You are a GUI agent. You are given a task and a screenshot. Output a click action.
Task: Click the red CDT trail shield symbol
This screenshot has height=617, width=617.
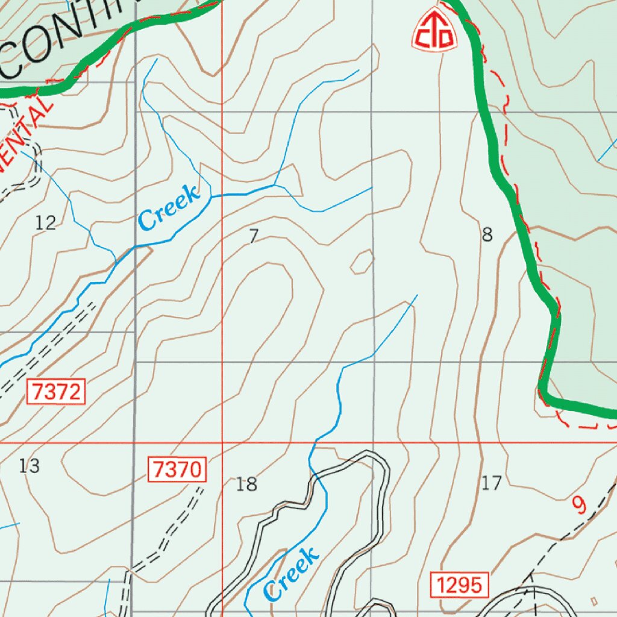click(434, 30)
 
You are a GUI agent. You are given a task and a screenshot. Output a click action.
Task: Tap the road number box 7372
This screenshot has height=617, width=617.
click(56, 392)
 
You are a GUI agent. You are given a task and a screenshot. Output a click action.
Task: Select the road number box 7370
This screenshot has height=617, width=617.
click(178, 469)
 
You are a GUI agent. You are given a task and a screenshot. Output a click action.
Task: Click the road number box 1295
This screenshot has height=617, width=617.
click(459, 584)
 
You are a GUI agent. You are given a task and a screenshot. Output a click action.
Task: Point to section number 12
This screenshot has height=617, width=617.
click(45, 223)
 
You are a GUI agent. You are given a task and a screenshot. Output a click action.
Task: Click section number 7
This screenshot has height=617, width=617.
click(254, 236)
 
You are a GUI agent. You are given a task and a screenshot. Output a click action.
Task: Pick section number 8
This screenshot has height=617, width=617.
click(487, 234)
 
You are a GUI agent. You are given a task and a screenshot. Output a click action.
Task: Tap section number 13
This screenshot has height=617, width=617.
click(29, 466)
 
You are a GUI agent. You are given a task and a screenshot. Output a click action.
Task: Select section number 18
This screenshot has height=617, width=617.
click(246, 484)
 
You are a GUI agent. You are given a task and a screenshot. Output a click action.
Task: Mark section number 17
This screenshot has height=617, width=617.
click(492, 483)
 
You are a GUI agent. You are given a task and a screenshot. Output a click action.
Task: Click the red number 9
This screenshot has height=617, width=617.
click(578, 505)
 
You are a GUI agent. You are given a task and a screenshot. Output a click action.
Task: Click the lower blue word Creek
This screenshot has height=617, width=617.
click(291, 574)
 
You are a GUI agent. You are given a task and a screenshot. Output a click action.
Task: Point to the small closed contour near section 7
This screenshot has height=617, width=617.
click(362, 262)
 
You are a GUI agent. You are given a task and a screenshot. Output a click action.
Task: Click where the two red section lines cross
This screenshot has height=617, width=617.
click(222, 443)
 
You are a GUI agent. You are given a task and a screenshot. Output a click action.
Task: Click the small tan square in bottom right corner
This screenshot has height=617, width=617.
click(595, 601)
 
